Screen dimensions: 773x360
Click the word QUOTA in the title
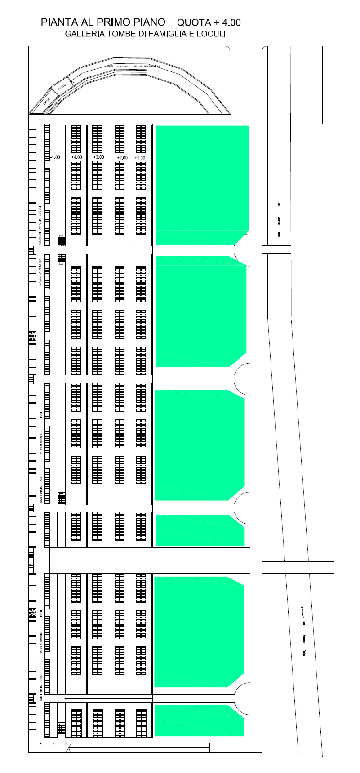pos(194,22)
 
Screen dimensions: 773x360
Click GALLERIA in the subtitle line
pos(84,34)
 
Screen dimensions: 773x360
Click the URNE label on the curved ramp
pos(47,102)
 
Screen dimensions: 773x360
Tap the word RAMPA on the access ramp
pos(109,66)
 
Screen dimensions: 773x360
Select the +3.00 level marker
pos(98,157)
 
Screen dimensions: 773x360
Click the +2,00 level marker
pos(122,158)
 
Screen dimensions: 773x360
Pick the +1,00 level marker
pos(140,158)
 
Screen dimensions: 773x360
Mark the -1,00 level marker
pos(55,157)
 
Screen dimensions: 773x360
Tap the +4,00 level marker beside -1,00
pos(76,157)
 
